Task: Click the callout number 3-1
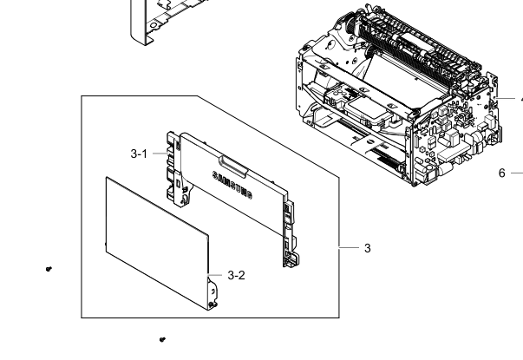pyautogui.click(x=139, y=154)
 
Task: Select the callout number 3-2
pyautogui.click(x=236, y=275)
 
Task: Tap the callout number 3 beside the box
pyautogui.click(x=367, y=248)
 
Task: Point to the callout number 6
pyautogui.click(x=502, y=173)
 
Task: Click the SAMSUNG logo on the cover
pyautogui.click(x=232, y=185)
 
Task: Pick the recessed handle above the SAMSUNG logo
pyautogui.click(x=233, y=166)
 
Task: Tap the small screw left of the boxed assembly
pyautogui.click(x=49, y=269)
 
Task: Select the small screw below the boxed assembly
pyautogui.click(x=162, y=339)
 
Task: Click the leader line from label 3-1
pyautogui.click(x=160, y=154)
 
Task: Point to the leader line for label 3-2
pyautogui.click(x=215, y=275)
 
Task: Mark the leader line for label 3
pyautogui.click(x=349, y=247)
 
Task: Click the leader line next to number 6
pyautogui.click(x=517, y=173)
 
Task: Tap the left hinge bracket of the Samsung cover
pyautogui.click(x=174, y=168)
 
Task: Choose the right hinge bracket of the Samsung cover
pyautogui.click(x=290, y=233)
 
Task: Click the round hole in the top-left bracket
pyautogui.click(x=154, y=25)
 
